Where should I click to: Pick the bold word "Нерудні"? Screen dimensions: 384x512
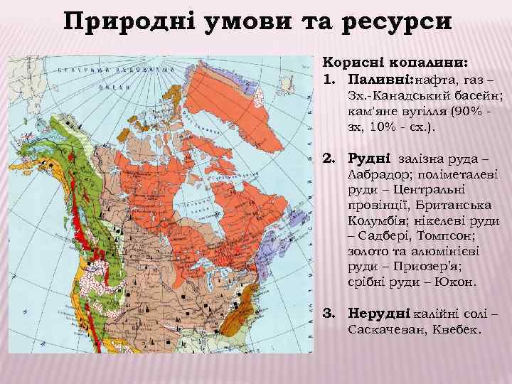[377, 314]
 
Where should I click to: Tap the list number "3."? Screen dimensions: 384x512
[330, 314]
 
